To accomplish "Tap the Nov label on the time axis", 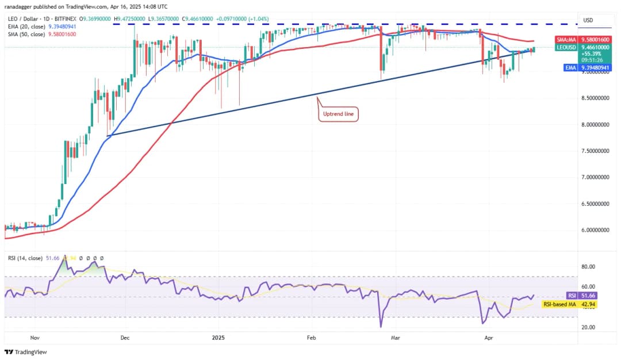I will [x=35, y=339].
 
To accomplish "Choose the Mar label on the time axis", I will [x=395, y=339].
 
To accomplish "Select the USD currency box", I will [x=588, y=20].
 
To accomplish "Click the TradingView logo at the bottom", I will [x=26, y=352].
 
